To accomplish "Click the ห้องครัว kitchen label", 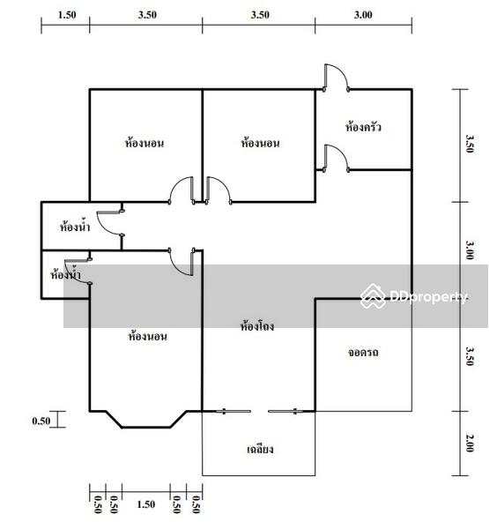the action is [363, 127].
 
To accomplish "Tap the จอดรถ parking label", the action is [363, 353].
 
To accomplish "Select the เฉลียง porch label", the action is [260, 449].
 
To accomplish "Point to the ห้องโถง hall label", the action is [257, 326].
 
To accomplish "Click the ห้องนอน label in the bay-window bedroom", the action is [147, 336].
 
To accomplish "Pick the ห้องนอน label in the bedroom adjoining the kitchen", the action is [260, 143].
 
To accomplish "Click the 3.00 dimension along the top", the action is [363, 14].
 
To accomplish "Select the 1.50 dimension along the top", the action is [67, 14].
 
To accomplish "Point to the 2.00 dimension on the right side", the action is [470, 443].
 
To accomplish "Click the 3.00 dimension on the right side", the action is [470, 250].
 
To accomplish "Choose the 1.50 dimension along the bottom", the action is [146, 504].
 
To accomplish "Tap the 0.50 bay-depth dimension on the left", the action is [41, 421].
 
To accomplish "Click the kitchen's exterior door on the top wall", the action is [337, 78].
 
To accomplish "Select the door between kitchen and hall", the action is [337, 159].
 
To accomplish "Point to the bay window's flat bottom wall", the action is [146, 428].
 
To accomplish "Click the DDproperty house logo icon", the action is [374, 296].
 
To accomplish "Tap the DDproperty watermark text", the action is [428, 297].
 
